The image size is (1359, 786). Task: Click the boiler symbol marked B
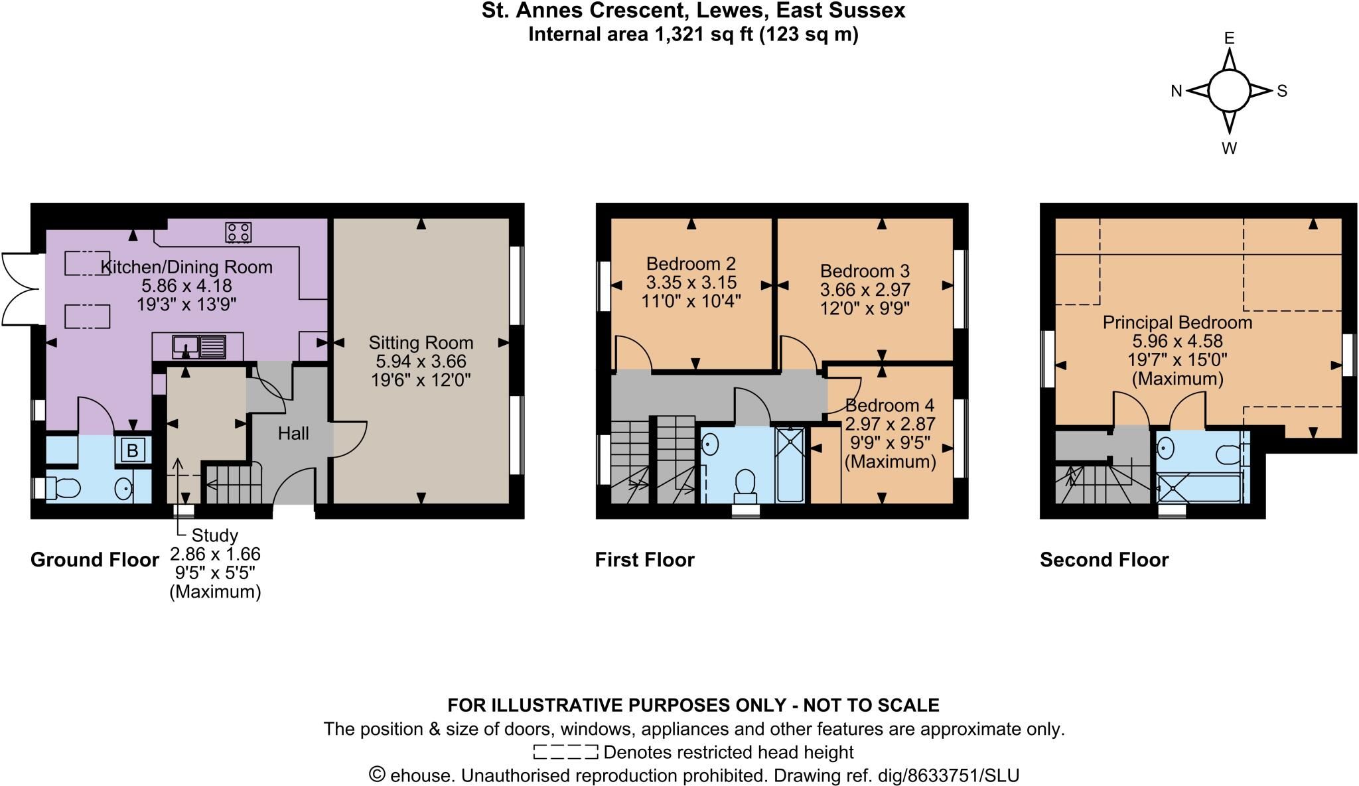click(x=132, y=450)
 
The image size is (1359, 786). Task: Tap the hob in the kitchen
click(x=238, y=232)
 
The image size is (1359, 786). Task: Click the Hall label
click(x=293, y=433)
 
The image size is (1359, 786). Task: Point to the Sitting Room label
click(x=421, y=342)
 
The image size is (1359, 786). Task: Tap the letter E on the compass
click(x=1229, y=38)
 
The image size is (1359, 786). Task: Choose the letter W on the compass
click(x=1229, y=149)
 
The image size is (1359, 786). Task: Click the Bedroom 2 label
click(x=691, y=263)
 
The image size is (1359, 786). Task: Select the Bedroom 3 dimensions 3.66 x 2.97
click(x=865, y=290)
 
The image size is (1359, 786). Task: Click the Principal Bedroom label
click(x=1177, y=322)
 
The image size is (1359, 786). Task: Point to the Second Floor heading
click(x=1104, y=560)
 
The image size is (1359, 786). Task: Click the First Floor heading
click(x=644, y=560)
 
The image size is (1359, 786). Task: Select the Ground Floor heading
click(x=95, y=560)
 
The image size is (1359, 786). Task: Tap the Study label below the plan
click(x=214, y=535)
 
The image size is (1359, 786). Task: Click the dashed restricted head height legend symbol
click(x=565, y=752)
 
